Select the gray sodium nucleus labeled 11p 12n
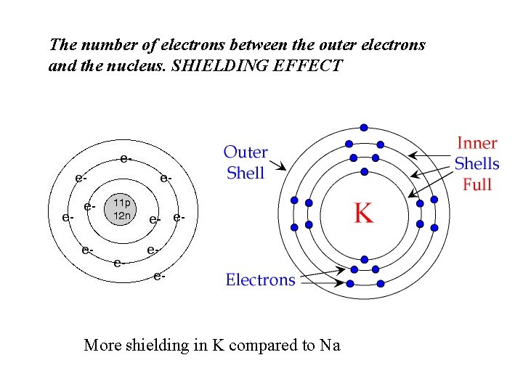point(121,210)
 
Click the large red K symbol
point(363,213)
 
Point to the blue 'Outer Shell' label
point(246,163)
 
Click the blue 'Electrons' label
point(260,279)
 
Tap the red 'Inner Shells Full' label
point(477,164)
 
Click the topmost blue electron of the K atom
point(364,128)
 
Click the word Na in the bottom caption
point(330,345)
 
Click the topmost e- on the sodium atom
point(126,158)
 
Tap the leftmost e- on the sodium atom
point(68,216)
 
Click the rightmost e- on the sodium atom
point(179,216)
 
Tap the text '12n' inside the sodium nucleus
point(121,216)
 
